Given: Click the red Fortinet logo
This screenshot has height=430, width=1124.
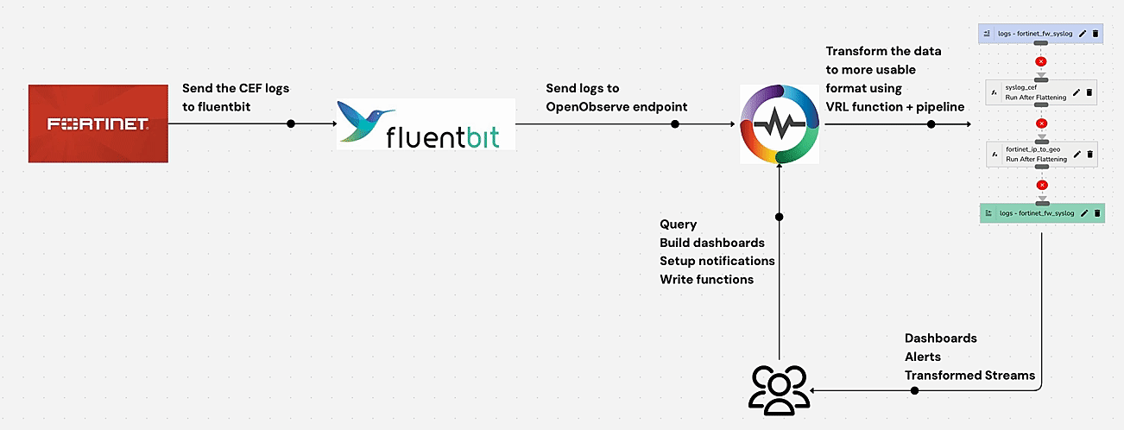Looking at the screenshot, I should pos(98,123).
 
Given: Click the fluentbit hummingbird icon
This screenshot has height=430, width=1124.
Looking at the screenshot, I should pos(365,120).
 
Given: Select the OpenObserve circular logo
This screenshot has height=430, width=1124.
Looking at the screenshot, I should pos(780,123).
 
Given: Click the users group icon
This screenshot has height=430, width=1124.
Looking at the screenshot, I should pos(779,388).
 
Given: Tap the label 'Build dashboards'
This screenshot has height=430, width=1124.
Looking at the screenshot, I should pos(712,243).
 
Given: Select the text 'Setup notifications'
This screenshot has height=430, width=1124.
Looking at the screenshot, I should pos(717,261).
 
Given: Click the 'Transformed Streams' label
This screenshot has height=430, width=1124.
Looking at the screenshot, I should pos(969,375).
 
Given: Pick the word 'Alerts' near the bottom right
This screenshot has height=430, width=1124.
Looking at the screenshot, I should pos(923,357).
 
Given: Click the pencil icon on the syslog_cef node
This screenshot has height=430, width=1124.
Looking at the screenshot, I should pos(1076,92).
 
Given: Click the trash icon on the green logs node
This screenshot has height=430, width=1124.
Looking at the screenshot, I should pos(1096,212).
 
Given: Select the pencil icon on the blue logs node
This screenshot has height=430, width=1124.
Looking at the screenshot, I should pos(1082,34).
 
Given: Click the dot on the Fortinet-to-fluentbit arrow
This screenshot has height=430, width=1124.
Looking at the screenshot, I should pos(291,123).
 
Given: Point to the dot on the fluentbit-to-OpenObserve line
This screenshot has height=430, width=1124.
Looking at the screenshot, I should pos(675,123).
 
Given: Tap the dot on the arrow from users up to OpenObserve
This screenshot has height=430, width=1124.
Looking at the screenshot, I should pos(779,217).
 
